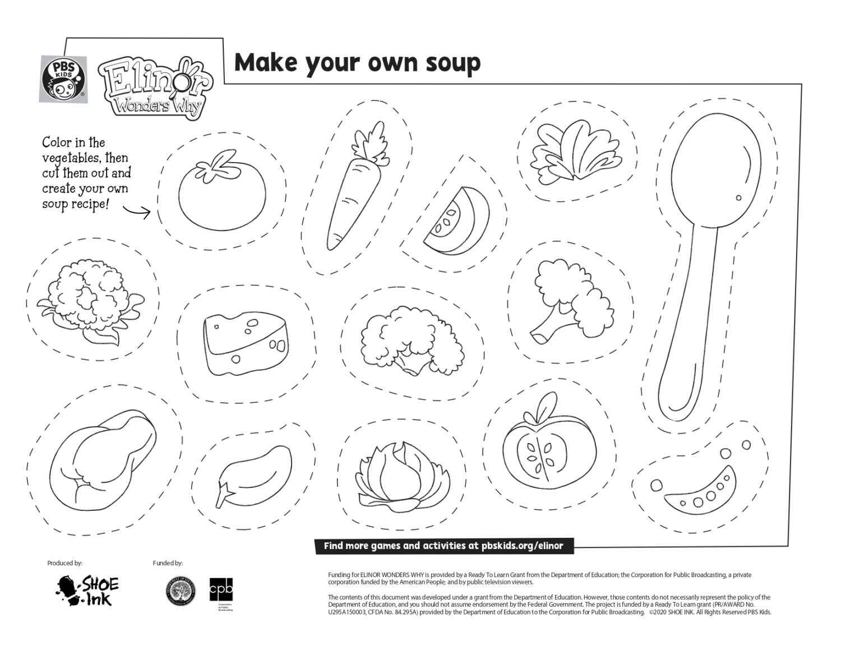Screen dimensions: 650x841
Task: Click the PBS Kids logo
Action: pos(63,79)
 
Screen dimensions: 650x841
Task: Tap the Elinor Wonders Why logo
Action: pos(155,89)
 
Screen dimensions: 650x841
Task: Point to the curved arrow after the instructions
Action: pos(137,211)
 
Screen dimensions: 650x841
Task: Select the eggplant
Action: pos(254,470)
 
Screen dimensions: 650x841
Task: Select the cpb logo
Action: pos(221,591)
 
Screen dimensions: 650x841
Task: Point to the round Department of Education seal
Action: pos(181,592)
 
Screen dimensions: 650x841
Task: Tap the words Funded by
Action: pos(167,563)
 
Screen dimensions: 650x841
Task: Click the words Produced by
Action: pos(64,563)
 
